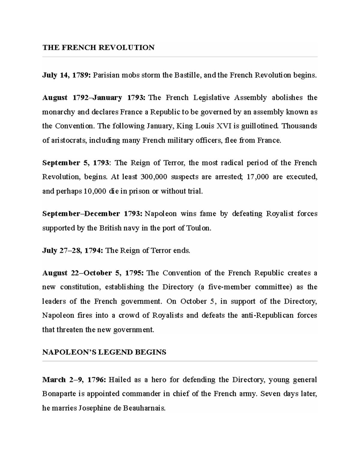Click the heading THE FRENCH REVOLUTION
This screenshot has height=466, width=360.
(98, 47)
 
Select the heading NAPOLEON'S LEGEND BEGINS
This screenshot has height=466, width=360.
(104, 352)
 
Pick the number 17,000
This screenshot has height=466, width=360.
(257, 177)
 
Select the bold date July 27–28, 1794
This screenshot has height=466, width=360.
(73, 251)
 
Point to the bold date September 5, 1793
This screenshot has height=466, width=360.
(76, 163)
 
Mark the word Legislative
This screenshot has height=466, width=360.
(212, 98)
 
